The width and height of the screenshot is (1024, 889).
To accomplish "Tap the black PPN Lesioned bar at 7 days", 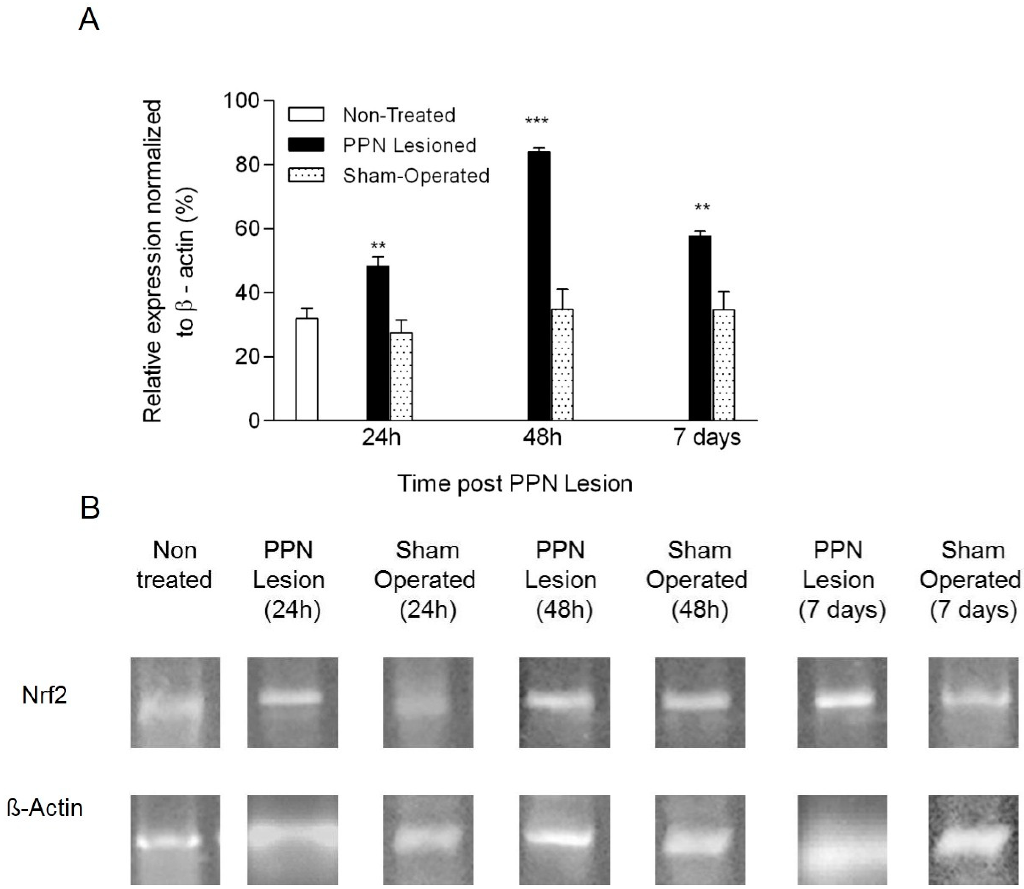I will [x=700, y=327].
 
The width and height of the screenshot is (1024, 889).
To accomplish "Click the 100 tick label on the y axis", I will [x=242, y=101].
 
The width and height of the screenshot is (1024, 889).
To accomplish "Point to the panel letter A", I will [x=89, y=21].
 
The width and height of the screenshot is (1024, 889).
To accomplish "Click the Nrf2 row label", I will [x=45, y=695].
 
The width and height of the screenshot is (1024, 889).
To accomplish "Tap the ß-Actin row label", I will [x=45, y=808].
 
